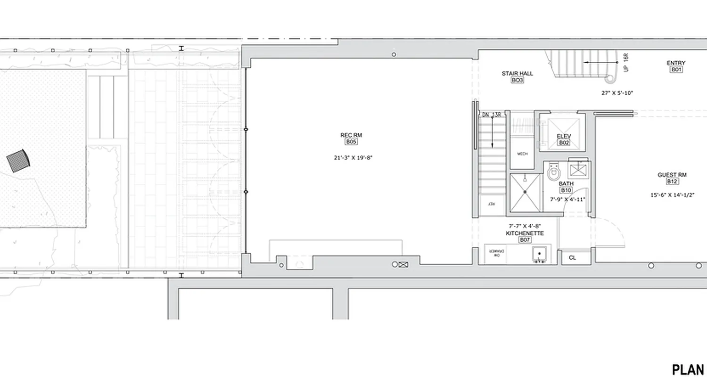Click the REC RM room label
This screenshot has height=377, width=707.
point(351,135)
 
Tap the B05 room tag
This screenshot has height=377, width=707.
point(351,141)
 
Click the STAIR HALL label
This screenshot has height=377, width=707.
point(517,74)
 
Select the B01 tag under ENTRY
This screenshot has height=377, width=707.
point(676,69)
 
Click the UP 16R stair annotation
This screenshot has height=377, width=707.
point(626,63)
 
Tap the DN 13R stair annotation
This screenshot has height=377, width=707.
point(491,115)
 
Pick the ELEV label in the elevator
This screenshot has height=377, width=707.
point(564,137)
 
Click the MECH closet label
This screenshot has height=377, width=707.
point(522,154)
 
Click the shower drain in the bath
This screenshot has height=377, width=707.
point(525,192)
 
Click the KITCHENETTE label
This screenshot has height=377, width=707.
point(525,233)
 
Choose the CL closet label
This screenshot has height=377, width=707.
point(572,258)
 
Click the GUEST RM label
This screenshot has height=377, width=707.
point(672,175)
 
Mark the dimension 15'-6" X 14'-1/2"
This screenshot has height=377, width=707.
point(673,195)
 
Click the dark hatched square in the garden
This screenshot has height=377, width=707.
point(18,161)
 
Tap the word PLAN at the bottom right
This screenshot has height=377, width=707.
point(688,369)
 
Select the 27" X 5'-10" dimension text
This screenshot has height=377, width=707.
point(617,93)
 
